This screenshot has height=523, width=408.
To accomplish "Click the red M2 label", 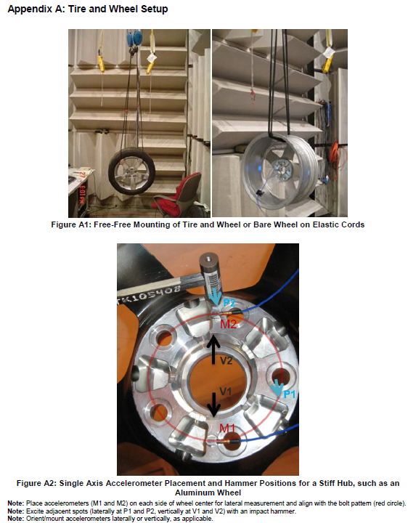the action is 229,323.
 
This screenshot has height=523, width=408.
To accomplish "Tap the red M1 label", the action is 227,428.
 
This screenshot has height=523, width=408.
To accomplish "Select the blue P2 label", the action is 229,303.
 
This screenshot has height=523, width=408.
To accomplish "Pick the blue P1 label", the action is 290,394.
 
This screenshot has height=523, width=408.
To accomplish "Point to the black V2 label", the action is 226,360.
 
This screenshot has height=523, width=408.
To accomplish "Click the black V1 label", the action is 226,391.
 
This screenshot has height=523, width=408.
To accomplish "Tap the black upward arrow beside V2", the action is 213,350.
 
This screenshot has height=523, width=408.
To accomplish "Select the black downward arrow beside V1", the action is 213,405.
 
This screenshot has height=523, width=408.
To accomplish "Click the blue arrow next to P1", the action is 277,388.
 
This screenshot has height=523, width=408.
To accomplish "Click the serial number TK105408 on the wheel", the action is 149,294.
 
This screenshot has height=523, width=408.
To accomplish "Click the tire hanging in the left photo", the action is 131,171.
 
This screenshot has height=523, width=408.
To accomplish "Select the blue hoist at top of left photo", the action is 134,39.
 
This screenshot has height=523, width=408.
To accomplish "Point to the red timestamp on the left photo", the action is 81,187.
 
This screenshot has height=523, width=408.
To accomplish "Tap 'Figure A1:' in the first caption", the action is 71,224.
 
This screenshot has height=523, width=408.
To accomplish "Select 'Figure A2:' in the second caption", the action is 36,483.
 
